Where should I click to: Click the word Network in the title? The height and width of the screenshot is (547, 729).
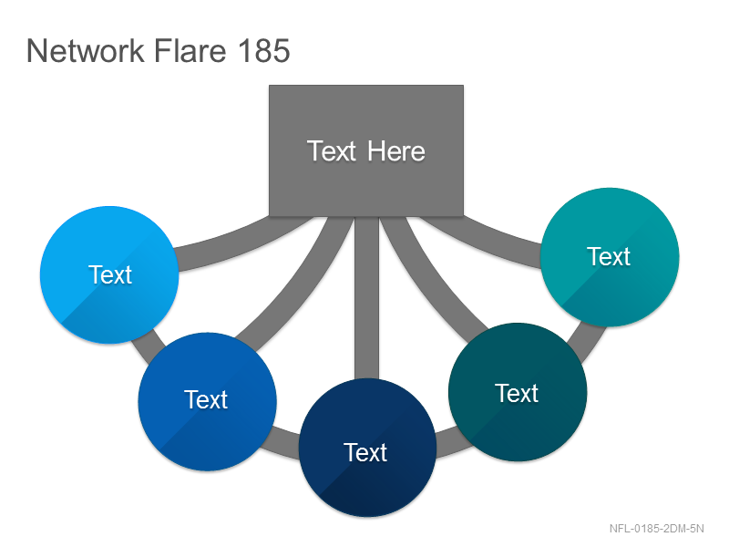[86, 50]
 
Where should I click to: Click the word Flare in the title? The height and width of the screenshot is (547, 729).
[190, 50]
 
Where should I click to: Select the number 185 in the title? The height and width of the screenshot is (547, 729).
[263, 50]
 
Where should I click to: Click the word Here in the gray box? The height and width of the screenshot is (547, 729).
[396, 151]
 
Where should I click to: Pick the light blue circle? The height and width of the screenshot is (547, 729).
[109, 275]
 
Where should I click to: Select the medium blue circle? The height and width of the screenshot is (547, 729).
[208, 401]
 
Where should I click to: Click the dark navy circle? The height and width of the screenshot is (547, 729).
[367, 448]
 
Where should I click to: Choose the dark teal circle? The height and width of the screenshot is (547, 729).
[518, 392]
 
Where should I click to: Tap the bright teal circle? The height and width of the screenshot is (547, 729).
[610, 257]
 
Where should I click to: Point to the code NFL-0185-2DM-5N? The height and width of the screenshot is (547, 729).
[656, 529]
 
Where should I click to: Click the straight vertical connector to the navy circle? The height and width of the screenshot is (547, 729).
[367, 298]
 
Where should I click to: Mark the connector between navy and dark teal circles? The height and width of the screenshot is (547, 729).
[453, 442]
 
